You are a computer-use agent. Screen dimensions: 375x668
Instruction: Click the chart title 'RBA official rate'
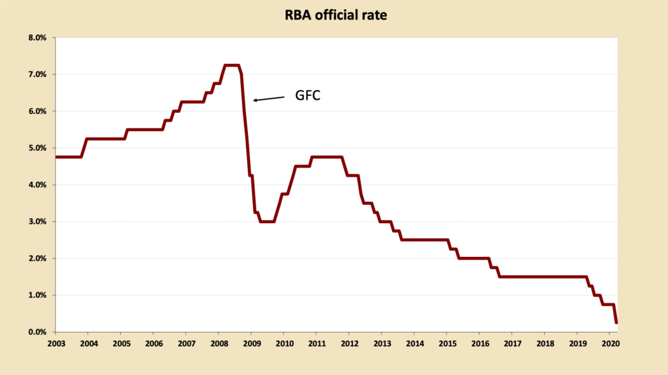coord(333,14)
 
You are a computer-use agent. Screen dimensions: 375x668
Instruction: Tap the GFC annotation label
coord(307,95)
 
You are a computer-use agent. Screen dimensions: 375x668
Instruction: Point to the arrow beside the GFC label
coord(269,98)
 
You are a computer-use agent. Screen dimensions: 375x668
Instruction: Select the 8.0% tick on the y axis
coord(37,38)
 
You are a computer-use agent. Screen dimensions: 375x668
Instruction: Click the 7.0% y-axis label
coord(37,74)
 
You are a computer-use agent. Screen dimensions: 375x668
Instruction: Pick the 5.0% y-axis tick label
coord(37,148)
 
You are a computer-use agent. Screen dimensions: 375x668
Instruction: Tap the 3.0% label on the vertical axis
coord(37,222)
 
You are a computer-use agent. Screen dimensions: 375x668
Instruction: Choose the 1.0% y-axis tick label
coord(37,295)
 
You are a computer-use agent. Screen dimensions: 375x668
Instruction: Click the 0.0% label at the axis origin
coord(37,332)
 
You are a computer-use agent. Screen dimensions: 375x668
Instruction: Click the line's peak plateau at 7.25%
coord(232,65)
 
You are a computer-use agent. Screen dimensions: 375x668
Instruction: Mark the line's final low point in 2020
coord(616,322)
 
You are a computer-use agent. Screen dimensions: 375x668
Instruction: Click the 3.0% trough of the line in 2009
coord(266,222)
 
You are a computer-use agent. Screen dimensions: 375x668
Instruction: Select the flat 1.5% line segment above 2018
coord(545,277)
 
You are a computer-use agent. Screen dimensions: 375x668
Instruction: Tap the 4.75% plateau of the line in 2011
coord(326,157)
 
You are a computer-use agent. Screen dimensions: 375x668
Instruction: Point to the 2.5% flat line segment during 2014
coord(424,240)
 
